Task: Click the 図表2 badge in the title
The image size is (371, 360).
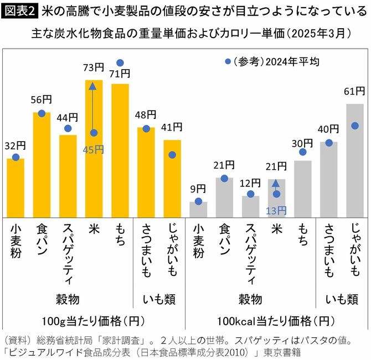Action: tap(19, 11)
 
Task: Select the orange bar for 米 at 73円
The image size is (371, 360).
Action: tap(94, 166)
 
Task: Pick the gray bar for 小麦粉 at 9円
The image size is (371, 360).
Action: tap(198, 210)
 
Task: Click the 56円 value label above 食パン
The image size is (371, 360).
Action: tap(42, 100)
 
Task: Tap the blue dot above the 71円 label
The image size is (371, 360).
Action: tap(120, 62)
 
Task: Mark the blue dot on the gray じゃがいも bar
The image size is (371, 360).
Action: tap(355, 126)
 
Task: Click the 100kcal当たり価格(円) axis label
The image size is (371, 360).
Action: tap(275, 321)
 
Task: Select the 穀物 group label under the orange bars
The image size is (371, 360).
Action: tap(68, 300)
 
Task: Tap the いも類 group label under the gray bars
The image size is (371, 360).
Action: tap(342, 300)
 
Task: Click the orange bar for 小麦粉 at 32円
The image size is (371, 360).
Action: tap(16, 188)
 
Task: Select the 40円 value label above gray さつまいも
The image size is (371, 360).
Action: tap(328, 129)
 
